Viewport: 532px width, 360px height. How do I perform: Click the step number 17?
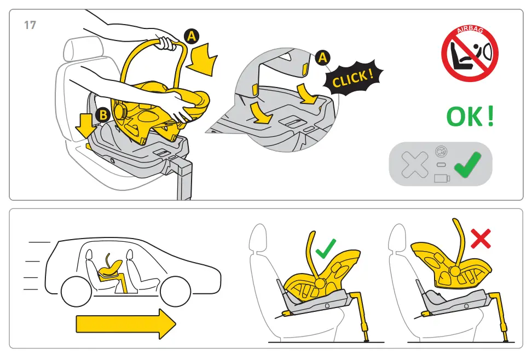click(x=30, y=25)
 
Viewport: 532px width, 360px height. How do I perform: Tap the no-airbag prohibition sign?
click(x=470, y=53)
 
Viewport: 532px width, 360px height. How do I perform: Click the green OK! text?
click(x=470, y=117)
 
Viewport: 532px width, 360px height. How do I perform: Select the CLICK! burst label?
click(x=353, y=79)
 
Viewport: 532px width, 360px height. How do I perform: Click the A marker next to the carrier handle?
click(x=191, y=37)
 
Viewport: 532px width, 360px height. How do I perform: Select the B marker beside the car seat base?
click(x=102, y=115)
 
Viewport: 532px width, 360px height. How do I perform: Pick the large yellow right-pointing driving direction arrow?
click(x=126, y=324)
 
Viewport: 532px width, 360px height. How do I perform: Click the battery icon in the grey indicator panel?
click(x=441, y=178)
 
